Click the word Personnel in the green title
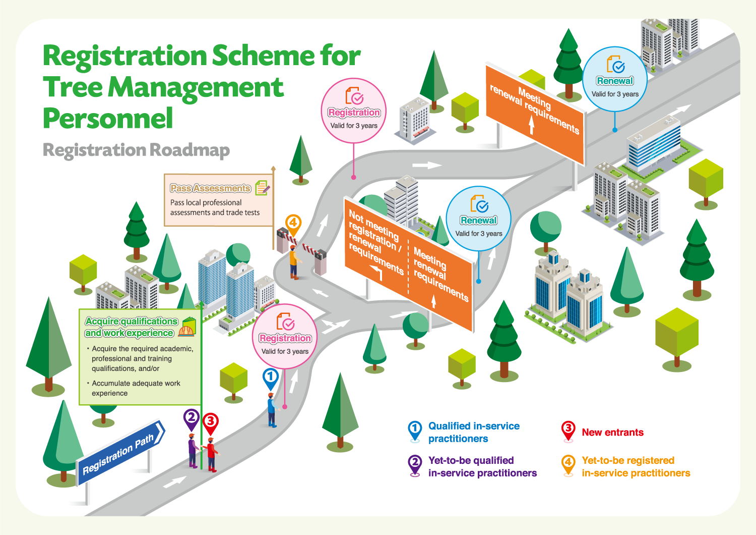point(108,118)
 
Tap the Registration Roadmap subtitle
point(136,150)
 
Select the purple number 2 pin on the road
point(191,418)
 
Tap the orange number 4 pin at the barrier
point(293,223)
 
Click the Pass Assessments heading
point(210,188)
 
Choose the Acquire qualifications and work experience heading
point(131,327)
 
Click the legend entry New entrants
point(612,433)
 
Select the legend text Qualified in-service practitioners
point(474,433)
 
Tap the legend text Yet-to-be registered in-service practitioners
point(636,467)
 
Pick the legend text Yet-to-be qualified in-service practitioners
point(482,467)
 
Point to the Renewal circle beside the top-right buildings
point(615,79)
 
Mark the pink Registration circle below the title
point(354,111)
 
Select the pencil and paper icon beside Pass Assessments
point(262,188)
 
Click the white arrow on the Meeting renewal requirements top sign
point(531,124)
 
